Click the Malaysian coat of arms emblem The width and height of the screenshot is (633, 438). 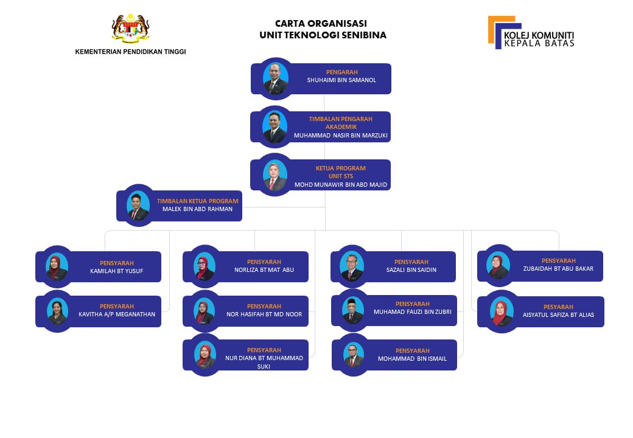130,28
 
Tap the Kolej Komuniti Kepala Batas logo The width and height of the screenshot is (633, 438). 531,32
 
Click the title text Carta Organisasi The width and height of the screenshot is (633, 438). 321,23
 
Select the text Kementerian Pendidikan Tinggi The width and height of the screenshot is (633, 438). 130,52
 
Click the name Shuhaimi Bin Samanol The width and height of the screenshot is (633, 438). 341,80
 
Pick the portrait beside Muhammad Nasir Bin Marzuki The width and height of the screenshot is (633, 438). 275,127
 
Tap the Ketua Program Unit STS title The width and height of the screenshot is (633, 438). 341,172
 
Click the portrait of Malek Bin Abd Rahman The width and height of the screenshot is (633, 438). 139,206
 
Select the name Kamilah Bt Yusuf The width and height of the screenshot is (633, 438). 117,271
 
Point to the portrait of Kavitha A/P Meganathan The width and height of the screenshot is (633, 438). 57,311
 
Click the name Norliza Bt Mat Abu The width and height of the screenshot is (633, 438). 264,270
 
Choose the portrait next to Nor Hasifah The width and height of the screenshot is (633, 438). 205,311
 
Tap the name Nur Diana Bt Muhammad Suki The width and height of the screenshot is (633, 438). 264,362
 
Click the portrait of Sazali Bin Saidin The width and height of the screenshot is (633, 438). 352,266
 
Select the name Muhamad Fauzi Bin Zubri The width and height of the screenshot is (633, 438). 413,311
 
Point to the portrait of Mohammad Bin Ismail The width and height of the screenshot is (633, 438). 354,355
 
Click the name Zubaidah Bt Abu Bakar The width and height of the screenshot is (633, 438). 558,269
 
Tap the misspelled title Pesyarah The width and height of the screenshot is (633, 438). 558,307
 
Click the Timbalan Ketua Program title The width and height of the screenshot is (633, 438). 198,201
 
